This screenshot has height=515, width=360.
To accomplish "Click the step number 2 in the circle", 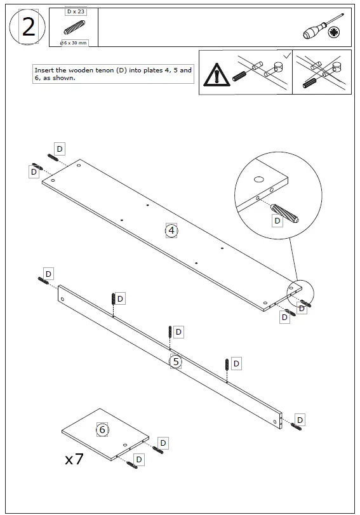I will click(x=28, y=27).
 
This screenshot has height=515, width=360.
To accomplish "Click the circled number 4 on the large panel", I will click(x=171, y=230).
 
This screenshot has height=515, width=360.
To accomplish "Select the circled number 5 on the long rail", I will click(x=177, y=361).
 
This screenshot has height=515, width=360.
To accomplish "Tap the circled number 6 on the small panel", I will click(x=102, y=430).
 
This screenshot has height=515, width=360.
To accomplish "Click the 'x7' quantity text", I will click(x=74, y=460).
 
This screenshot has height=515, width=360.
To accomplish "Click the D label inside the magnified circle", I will click(x=277, y=220).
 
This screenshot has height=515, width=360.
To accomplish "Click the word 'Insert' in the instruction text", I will click(x=45, y=70).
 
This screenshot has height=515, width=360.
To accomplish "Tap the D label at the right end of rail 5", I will click(x=300, y=420).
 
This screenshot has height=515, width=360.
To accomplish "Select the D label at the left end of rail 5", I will click(x=48, y=273).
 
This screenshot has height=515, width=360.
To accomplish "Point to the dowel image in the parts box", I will click(x=73, y=28).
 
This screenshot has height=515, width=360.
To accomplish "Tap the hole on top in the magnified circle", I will click(x=260, y=180).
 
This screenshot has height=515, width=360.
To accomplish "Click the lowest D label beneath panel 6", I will click(x=139, y=458).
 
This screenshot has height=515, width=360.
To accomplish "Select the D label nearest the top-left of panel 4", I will click(x=59, y=149).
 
